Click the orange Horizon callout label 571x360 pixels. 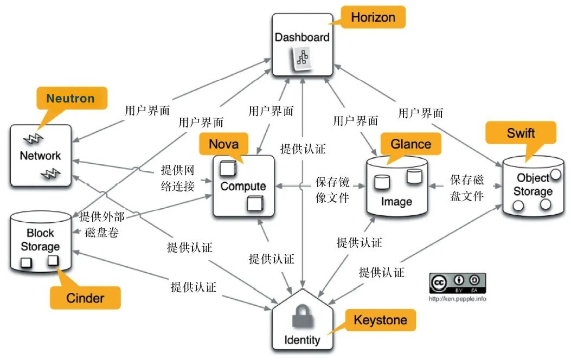(x=373, y=17)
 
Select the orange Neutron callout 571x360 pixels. (x=70, y=99)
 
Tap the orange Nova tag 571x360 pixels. (x=223, y=144)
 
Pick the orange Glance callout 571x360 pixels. (x=410, y=144)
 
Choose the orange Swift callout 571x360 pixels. (x=521, y=133)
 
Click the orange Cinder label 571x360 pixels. (x=85, y=298)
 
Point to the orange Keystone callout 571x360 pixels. (x=380, y=320)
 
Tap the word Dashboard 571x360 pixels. (x=302, y=37)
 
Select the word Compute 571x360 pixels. (x=243, y=186)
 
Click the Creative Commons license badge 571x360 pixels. (x=457, y=284)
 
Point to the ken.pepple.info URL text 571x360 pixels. (x=457, y=299)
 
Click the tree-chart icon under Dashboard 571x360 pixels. (x=301, y=57)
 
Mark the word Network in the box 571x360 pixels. (x=40, y=156)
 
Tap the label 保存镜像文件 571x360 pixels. (x=332, y=188)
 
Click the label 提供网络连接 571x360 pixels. (x=178, y=177)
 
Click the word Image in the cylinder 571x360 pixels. (x=396, y=202)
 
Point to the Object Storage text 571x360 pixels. (x=533, y=184)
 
